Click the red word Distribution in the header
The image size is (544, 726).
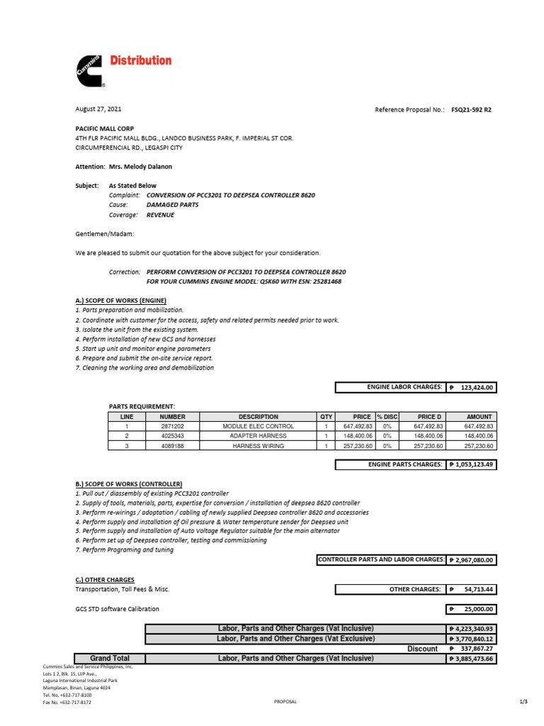pos(140,61)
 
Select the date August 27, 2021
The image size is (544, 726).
pos(98,109)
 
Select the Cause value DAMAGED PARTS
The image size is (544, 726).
pos(172,204)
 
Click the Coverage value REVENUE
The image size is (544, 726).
pos(160,214)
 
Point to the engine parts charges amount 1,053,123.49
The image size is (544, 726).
pos(472,464)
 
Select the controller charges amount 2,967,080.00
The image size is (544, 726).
pos(472,560)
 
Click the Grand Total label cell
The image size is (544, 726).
pos(110,659)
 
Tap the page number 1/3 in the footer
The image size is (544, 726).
pos(523,701)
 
